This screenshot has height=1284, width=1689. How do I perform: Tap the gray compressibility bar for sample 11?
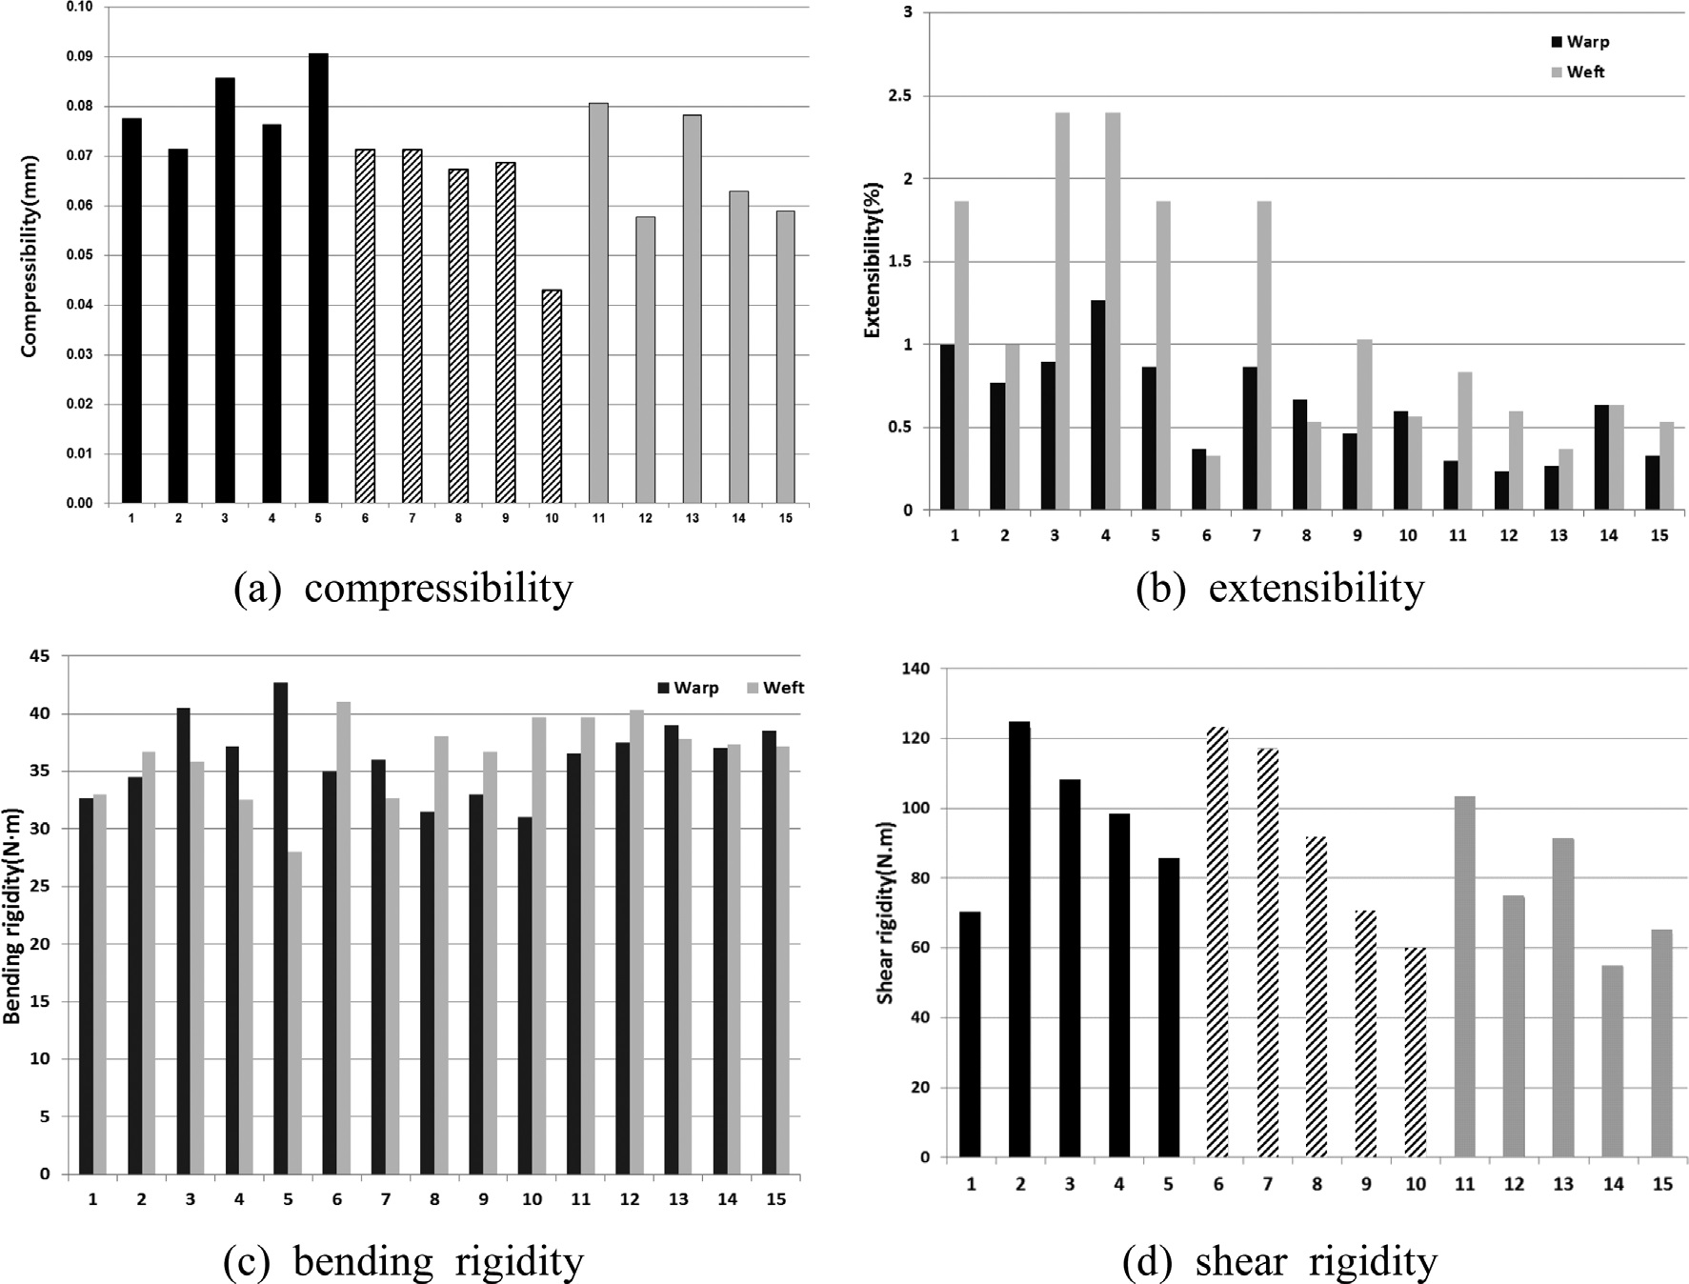point(598,303)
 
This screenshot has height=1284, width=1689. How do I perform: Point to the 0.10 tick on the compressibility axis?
point(81,8)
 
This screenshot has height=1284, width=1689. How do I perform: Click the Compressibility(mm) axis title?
point(30,255)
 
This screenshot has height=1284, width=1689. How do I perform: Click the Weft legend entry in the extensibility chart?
point(1578,72)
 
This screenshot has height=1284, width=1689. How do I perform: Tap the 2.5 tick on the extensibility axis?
point(901,96)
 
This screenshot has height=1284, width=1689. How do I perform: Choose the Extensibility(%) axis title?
point(873,261)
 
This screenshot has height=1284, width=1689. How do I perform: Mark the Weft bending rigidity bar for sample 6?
point(343,937)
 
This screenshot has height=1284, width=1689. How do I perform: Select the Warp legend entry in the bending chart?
point(688,688)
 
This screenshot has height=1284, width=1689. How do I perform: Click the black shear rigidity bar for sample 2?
point(1020,939)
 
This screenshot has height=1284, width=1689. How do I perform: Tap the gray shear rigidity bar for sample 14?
point(1613,1061)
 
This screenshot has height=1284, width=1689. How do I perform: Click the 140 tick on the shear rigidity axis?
point(913,669)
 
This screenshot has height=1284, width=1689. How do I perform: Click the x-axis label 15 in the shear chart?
point(1662,1185)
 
